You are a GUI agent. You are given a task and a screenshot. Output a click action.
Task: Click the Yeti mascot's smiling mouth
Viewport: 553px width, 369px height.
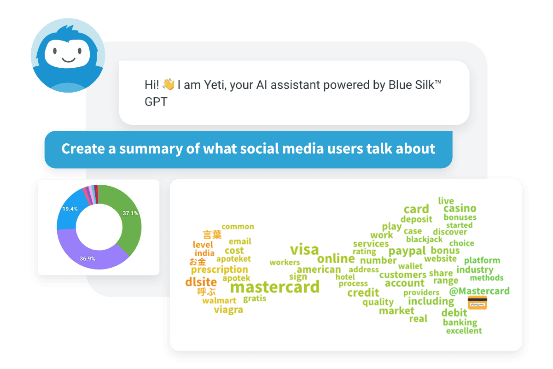point(69,60)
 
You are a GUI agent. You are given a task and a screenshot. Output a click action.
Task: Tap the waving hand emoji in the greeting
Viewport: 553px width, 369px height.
point(169,84)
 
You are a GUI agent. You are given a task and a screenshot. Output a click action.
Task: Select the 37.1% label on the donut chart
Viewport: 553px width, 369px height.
point(130,213)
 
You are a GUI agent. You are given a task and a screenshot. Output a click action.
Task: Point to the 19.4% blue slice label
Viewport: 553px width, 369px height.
point(70,209)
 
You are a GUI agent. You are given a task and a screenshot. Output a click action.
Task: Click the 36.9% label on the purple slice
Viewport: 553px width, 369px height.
point(87,258)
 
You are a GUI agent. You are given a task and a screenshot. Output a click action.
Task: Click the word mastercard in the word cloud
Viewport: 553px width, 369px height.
point(275,287)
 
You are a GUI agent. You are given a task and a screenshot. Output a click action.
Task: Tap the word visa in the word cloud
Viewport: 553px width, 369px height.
point(304,250)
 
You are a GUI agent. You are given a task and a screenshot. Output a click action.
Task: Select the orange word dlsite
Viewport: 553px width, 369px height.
point(201,282)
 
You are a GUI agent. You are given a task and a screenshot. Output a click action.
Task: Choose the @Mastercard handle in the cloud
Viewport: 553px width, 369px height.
point(479,291)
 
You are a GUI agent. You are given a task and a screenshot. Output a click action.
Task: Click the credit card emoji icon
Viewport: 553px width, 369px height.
point(477,303)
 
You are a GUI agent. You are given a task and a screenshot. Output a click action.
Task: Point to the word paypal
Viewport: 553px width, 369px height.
point(407,251)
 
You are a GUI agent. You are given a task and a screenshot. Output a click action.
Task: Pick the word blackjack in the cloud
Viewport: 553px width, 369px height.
point(425,240)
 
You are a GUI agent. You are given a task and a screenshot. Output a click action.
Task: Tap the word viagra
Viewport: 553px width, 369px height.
point(228,310)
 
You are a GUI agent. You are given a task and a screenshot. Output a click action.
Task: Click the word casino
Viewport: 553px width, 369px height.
point(460,208)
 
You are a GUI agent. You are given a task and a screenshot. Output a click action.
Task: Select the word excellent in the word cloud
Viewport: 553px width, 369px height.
point(464,331)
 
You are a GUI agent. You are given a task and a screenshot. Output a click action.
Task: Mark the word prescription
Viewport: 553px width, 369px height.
point(220,269)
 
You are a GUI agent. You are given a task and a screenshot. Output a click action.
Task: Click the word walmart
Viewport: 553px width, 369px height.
point(219,300)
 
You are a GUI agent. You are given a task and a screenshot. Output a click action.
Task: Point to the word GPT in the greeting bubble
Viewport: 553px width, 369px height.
point(156,102)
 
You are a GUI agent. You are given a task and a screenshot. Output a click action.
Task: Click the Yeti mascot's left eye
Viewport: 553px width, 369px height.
point(55,51)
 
